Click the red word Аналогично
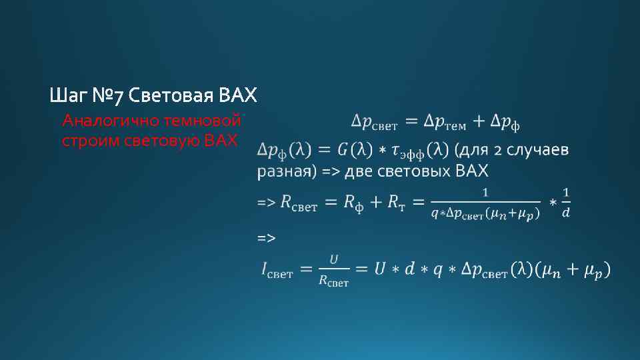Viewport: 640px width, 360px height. coord(103,121)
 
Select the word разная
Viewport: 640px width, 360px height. coord(283,172)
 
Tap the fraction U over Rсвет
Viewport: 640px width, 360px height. coord(333,271)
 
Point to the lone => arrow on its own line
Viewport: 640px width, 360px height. coord(266,237)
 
